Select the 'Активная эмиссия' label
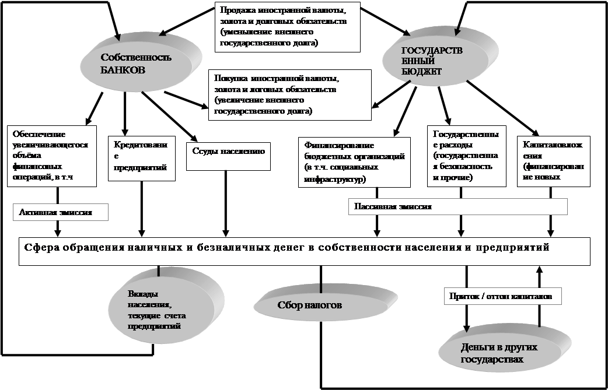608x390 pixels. pos(60,213)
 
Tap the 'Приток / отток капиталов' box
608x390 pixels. pos(503,296)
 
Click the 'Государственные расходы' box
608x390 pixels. pos(463,156)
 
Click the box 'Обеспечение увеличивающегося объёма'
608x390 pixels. pos(51,155)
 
